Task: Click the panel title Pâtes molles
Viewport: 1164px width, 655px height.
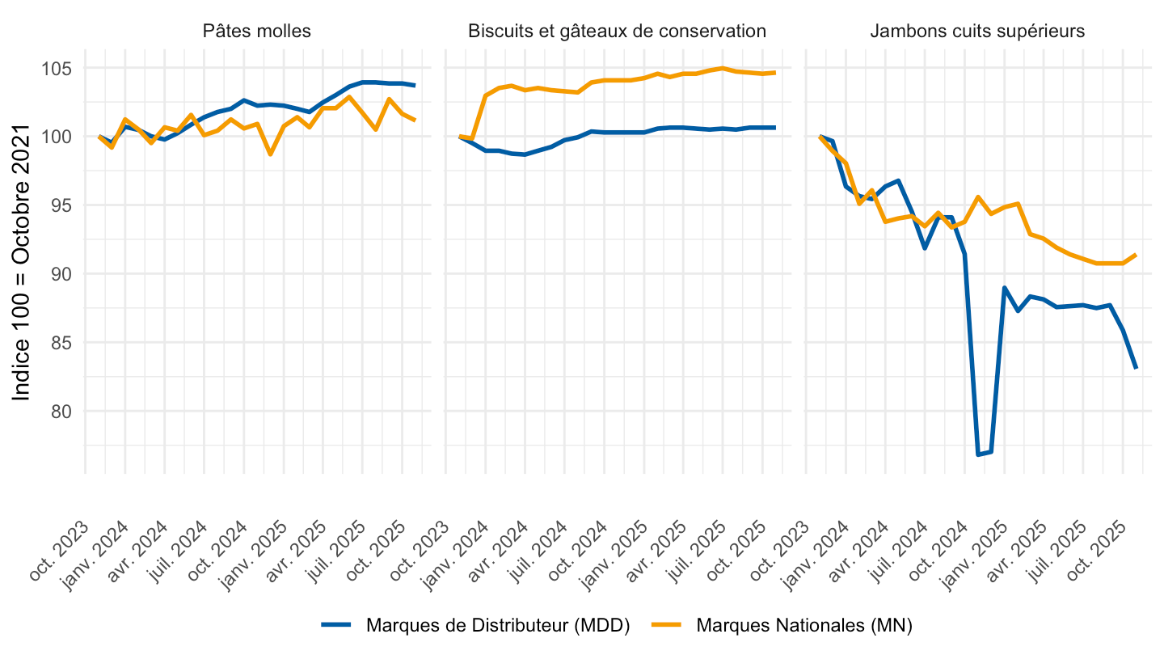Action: (x=257, y=32)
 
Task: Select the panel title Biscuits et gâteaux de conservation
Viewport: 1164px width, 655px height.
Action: (x=617, y=32)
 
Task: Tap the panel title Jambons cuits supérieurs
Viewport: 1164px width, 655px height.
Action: (x=977, y=32)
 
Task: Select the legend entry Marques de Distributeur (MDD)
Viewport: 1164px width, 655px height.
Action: (x=497, y=625)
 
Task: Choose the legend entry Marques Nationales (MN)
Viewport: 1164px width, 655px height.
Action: (x=803, y=625)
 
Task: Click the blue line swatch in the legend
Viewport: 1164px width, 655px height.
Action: (x=336, y=625)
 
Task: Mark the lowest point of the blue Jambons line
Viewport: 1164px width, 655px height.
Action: (x=978, y=454)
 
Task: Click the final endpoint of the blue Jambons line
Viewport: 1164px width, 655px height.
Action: (x=1136, y=369)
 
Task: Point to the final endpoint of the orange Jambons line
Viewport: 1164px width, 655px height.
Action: (x=1136, y=255)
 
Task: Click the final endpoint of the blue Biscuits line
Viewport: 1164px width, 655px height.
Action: (x=775, y=128)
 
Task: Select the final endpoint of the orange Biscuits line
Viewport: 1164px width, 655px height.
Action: (x=775, y=73)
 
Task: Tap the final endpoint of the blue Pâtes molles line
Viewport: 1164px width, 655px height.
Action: (x=415, y=86)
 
